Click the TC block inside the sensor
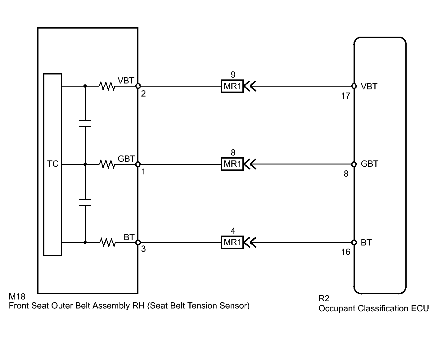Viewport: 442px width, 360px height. click(52, 164)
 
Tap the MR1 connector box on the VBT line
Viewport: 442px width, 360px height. click(232, 86)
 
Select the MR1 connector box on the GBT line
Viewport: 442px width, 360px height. click(232, 164)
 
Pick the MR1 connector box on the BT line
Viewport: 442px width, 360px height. click(232, 242)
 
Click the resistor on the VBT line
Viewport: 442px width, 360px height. click(107, 86)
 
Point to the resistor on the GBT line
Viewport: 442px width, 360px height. click(107, 164)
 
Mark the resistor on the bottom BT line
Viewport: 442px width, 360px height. click(107, 242)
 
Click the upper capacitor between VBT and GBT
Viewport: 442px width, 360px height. click(85, 124)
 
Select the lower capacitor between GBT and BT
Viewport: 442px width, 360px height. click(85, 203)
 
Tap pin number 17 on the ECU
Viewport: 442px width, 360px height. click(345, 96)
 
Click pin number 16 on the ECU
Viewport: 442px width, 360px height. click(345, 252)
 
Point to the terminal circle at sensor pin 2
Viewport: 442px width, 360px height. click(138, 86)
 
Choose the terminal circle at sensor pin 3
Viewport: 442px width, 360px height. click(138, 242)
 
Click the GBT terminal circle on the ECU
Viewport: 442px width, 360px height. click(354, 164)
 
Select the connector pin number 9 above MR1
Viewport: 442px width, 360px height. click(233, 75)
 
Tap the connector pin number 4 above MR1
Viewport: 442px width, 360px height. click(233, 231)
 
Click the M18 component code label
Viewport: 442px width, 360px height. click(17, 297)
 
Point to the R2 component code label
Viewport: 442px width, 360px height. click(324, 298)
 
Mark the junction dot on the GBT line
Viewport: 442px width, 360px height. click(85, 164)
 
